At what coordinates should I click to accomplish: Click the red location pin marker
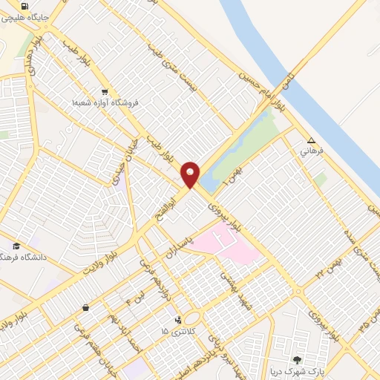pyautogui.click(x=191, y=174)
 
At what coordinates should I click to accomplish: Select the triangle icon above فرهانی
pyautogui.click(x=312, y=140)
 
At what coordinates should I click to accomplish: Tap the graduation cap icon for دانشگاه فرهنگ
pyautogui.click(x=16, y=246)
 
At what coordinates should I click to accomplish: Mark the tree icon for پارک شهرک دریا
pyautogui.click(x=298, y=359)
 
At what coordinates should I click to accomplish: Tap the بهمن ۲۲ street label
pyautogui.click(x=330, y=267)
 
